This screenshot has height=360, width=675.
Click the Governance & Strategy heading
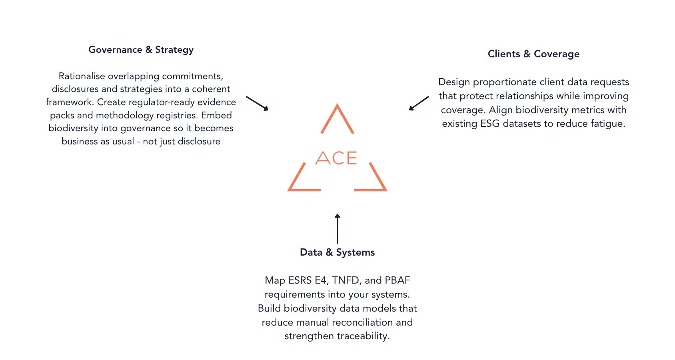141,50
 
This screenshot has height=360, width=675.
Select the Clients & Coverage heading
533,54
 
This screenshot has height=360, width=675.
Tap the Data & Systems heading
337,252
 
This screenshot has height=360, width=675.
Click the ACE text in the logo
336,158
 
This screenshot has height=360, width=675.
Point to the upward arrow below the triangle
337,229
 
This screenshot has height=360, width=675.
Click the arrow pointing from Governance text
257,103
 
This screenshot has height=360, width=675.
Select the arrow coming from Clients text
419,103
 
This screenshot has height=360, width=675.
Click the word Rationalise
82,76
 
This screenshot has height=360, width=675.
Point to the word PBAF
397,280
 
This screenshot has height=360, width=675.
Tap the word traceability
363,336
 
